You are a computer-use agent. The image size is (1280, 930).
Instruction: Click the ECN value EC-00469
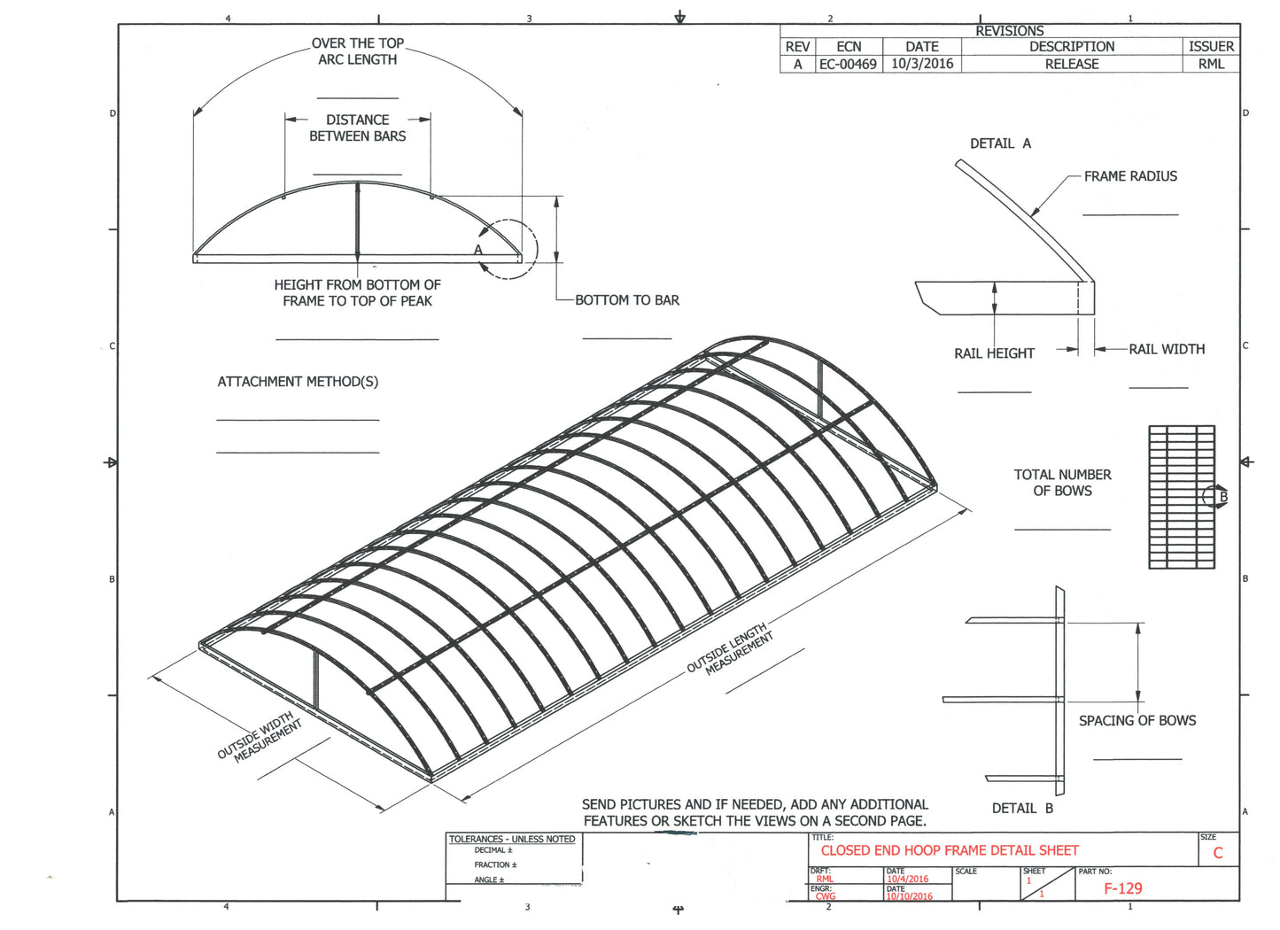pyautogui.click(x=848, y=64)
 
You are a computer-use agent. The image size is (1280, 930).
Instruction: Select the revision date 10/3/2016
pyautogui.click(x=922, y=64)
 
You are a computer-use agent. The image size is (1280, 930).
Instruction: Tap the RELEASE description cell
pyautogui.click(x=1072, y=64)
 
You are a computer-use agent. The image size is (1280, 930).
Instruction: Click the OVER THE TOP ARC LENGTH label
pyautogui.click(x=357, y=51)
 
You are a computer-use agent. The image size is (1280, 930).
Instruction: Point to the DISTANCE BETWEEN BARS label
pyautogui.click(x=357, y=128)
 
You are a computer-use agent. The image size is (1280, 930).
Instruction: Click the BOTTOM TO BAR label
pyautogui.click(x=627, y=300)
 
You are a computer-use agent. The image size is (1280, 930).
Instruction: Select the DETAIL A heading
pyautogui.click(x=1000, y=143)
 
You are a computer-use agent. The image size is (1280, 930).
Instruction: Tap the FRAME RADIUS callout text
pyautogui.click(x=1130, y=176)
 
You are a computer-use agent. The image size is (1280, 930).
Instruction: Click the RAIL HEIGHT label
pyautogui.click(x=994, y=353)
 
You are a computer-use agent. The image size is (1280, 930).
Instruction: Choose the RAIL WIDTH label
pyautogui.click(x=1167, y=349)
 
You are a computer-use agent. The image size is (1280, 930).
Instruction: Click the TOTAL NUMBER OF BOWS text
pyautogui.click(x=1062, y=483)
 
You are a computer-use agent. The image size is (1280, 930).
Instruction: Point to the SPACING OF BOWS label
pyautogui.click(x=1137, y=721)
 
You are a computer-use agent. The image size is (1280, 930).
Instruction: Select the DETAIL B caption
pyautogui.click(x=1022, y=809)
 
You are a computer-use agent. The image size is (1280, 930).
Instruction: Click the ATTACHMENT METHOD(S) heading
pyautogui.click(x=298, y=382)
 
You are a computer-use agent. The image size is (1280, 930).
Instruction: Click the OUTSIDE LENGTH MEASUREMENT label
pyautogui.click(x=730, y=650)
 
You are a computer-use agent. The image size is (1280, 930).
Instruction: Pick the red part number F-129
pyautogui.click(x=1123, y=888)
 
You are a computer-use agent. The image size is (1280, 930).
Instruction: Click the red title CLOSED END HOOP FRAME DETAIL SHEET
pyautogui.click(x=950, y=850)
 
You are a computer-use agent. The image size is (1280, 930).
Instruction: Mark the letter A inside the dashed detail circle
pyautogui.click(x=478, y=250)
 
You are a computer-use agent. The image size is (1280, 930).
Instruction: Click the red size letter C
pyautogui.click(x=1218, y=853)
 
